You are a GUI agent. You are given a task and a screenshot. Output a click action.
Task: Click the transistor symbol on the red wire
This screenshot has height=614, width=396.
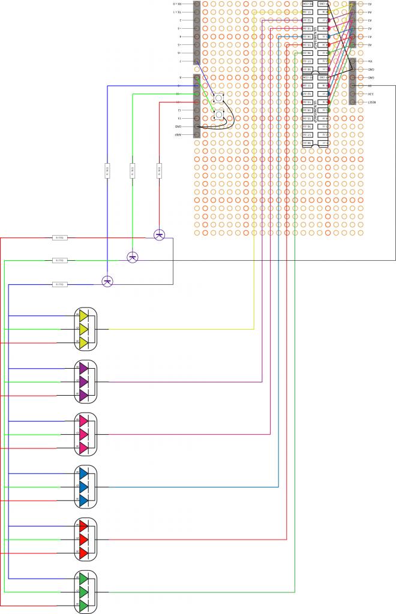tap(159, 234)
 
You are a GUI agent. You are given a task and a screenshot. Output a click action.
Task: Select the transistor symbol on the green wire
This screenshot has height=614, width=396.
tap(133, 257)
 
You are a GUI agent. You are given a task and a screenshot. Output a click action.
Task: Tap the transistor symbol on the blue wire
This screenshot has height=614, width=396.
tap(107, 281)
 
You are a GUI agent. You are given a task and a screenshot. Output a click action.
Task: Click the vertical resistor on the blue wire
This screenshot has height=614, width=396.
tap(107, 171)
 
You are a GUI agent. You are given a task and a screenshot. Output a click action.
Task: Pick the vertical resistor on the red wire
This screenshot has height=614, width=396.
tap(159, 171)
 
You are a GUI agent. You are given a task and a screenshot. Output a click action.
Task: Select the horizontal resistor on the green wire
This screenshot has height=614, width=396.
tap(60, 260)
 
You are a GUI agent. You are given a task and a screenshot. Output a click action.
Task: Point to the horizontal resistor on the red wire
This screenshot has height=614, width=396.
tap(60, 238)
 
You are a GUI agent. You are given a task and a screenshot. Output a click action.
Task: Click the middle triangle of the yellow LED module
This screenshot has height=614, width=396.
tap(84, 329)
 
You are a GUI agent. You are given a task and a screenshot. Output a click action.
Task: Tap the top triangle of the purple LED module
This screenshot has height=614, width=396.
tap(84, 368)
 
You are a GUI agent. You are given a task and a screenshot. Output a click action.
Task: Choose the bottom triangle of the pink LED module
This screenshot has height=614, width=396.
tap(84, 448)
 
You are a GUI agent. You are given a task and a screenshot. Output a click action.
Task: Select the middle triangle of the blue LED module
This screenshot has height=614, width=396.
tap(84, 486)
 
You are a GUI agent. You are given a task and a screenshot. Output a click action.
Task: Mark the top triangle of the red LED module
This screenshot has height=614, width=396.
tap(84, 526)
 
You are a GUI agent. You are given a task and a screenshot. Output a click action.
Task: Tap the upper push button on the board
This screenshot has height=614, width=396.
tap(219, 98)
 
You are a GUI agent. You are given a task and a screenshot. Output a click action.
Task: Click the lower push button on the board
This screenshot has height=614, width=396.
tap(219, 115)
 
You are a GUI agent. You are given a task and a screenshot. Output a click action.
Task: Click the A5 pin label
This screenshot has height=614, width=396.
tap(370, 4)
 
